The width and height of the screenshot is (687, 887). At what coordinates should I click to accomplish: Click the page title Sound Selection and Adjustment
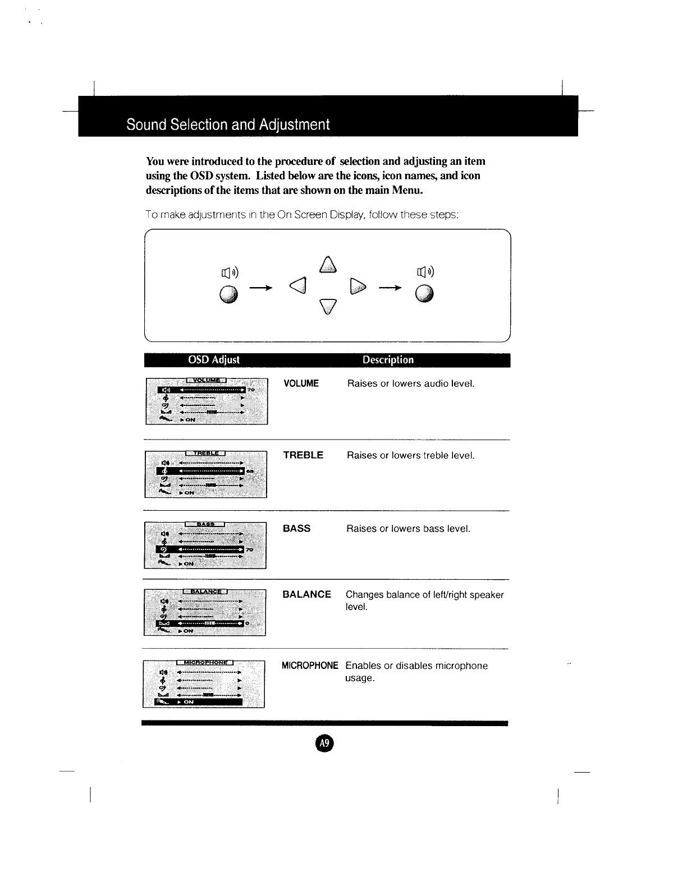tap(228, 124)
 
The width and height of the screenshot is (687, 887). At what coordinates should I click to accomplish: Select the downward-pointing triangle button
tap(328, 306)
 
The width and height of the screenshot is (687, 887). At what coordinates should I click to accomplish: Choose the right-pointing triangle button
tap(358, 286)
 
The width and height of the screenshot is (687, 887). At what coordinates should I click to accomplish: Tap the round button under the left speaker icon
tap(229, 294)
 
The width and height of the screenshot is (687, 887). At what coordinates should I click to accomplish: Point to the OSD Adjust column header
tap(213, 360)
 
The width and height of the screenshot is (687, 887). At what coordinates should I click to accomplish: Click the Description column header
tap(388, 360)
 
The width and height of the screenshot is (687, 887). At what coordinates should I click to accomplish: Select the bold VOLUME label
tap(301, 384)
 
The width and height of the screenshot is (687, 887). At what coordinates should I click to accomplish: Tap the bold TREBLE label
tap(303, 455)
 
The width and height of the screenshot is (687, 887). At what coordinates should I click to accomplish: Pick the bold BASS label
tap(296, 529)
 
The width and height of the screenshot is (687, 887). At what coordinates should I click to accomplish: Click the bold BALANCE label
tap(306, 594)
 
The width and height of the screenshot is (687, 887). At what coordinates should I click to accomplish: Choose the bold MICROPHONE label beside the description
tap(309, 666)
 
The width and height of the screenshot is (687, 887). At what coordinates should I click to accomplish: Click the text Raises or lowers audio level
tap(411, 384)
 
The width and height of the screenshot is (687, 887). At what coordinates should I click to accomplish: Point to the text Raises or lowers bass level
tap(408, 529)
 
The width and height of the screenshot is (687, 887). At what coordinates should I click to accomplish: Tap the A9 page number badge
tap(324, 743)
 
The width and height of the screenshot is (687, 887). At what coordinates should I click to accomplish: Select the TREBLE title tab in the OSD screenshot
tap(205, 453)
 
